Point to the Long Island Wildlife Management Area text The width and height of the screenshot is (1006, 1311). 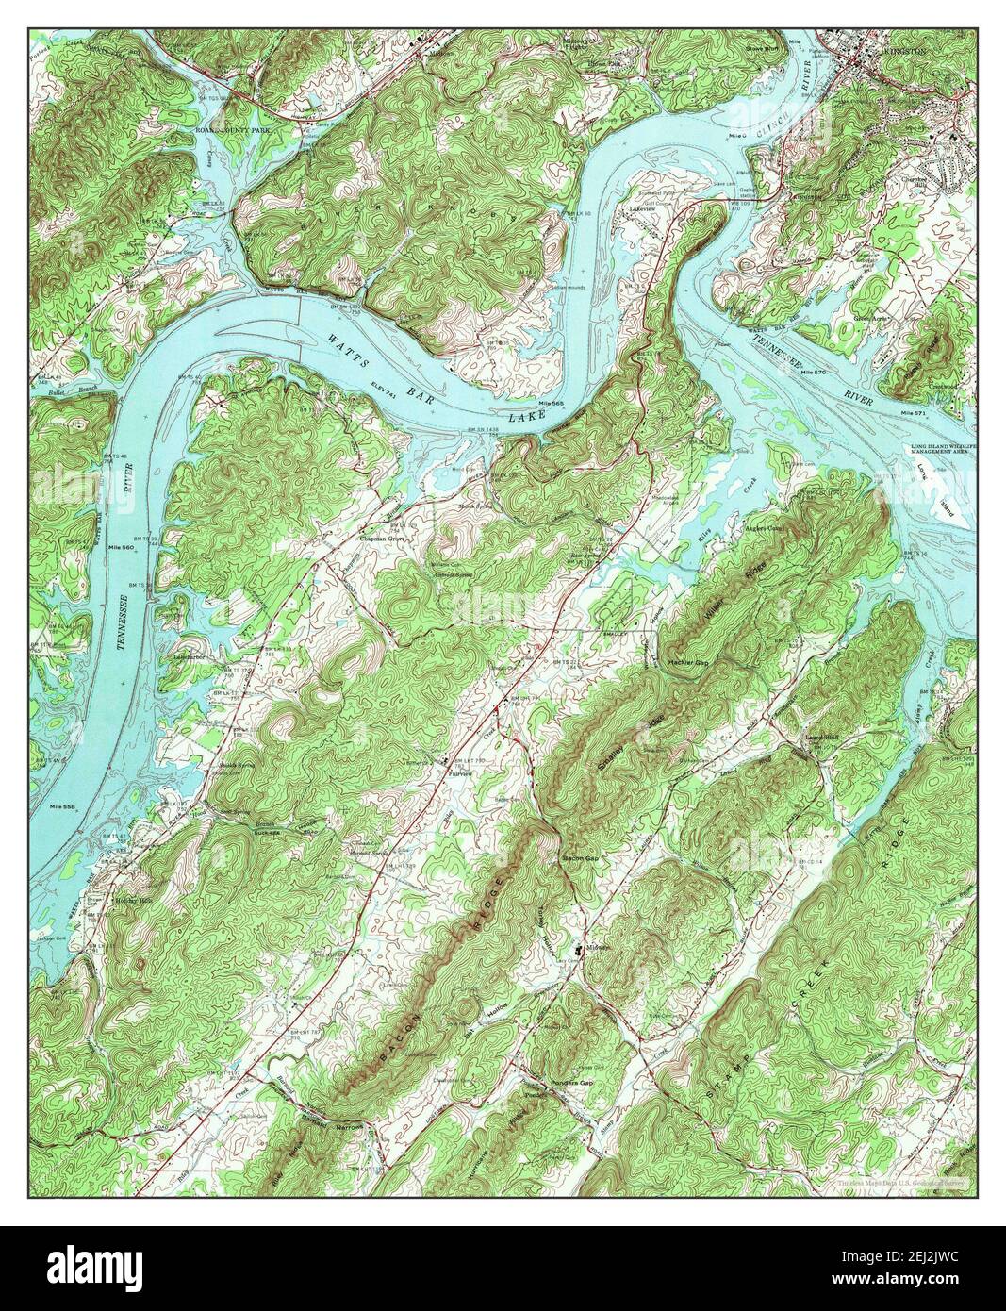(x=942, y=449)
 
